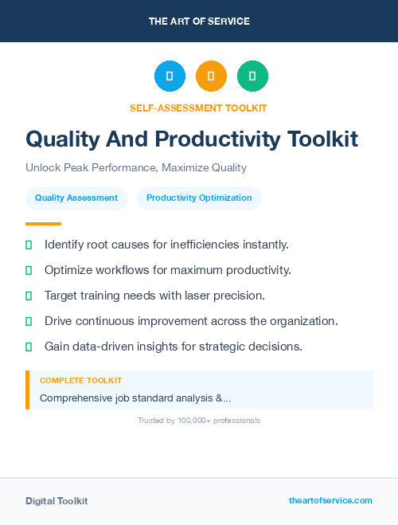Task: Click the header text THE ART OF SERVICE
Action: click(x=199, y=21)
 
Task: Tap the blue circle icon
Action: click(x=170, y=76)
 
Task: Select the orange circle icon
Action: click(x=211, y=76)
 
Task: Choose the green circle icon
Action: click(x=252, y=76)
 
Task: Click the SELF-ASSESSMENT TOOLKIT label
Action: click(x=198, y=108)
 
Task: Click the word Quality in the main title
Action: click(x=64, y=139)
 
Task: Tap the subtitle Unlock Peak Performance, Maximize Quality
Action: click(x=136, y=168)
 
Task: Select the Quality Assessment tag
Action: click(x=76, y=198)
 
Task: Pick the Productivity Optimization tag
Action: click(x=199, y=198)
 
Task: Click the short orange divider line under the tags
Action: click(x=43, y=224)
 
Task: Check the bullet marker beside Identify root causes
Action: click(x=29, y=245)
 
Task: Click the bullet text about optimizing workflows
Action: click(x=167, y=270)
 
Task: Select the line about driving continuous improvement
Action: click(x=191, y=321)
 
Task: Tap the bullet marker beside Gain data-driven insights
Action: click(x=29, y=347)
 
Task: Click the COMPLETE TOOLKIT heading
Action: click(x=80, y=381)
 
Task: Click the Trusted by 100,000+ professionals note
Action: click(x=199, y=420)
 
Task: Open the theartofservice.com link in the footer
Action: click(x=330, y=500)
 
